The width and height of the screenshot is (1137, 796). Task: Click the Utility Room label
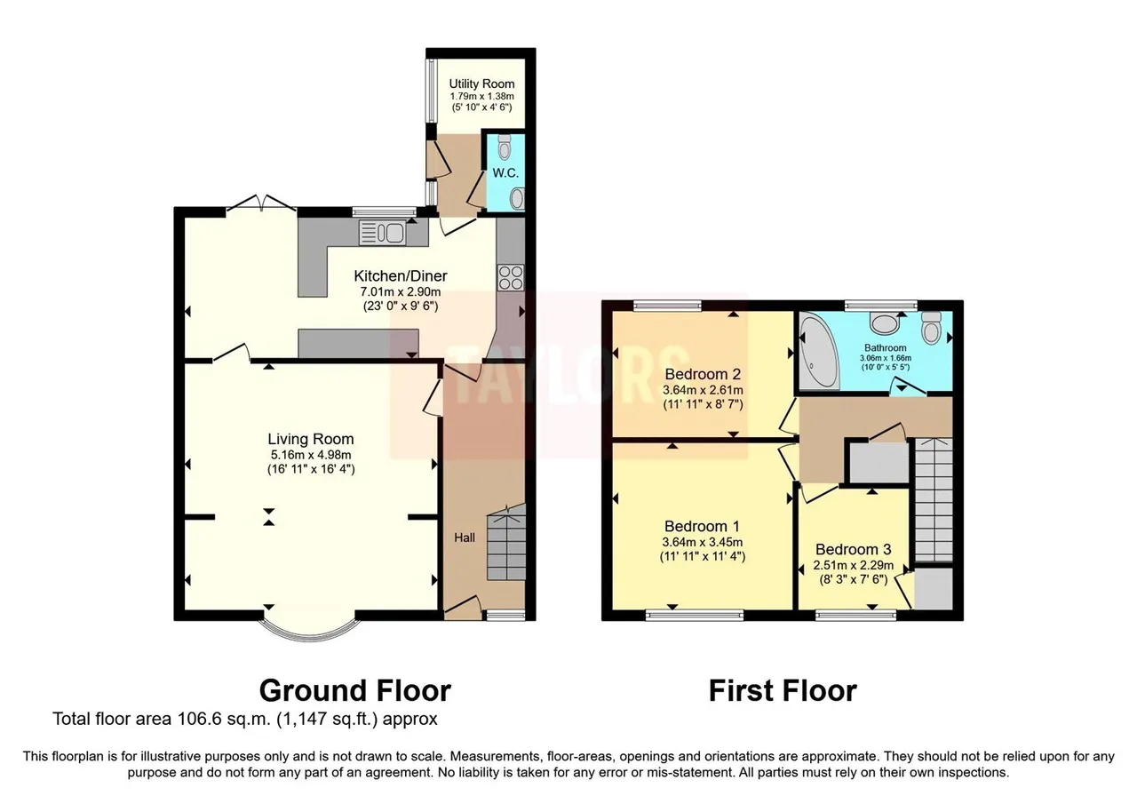(x=481, y=84)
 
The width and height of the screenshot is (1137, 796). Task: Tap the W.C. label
(x=505, y=173)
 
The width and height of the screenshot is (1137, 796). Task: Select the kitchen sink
(x=382, y=234)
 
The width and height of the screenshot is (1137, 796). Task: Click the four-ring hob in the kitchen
(x=511, y=277)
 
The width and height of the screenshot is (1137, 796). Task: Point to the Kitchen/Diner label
(x=401, y=276)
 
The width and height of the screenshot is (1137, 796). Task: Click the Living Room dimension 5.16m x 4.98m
(x=311, y=455)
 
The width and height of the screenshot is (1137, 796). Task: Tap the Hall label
(x=465, y=537)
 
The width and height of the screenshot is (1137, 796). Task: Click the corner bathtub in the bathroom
(x=818, y=351)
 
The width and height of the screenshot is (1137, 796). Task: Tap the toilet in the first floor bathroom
(x=932, y=328)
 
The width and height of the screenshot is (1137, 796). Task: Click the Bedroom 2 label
(x=703, y=374)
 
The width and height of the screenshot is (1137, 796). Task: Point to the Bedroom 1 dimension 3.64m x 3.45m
(x=703, y=542)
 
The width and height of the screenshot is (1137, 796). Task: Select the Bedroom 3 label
(x=854, y=549)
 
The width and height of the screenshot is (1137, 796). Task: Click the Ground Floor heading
(x=354, y=691)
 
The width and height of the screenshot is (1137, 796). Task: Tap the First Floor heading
(x=783, y=691)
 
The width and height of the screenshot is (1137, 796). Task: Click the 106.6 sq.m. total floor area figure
(x=223, y=720)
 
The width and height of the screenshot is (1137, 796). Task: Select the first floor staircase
(x=934, y=500)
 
